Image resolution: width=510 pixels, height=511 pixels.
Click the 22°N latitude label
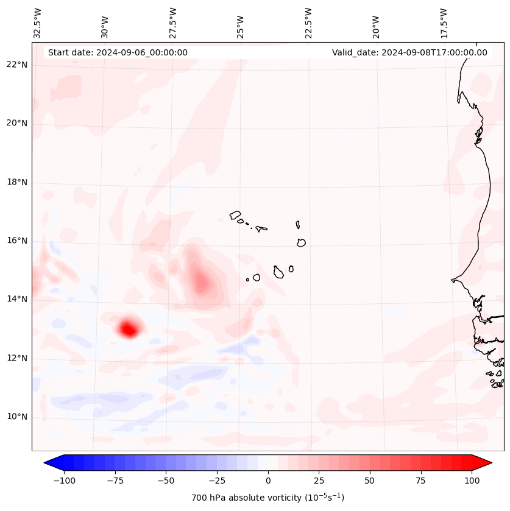(15, 65)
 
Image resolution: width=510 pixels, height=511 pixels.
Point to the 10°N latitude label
(15, 417)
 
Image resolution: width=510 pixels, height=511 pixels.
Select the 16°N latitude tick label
(15, 241)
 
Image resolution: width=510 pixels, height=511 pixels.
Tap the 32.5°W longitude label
(38, 23)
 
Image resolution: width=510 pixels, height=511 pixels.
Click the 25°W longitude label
(241, 23)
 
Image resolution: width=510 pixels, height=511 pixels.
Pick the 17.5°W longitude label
(444, 23)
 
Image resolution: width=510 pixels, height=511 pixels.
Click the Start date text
(118, 52)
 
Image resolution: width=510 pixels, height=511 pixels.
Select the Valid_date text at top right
(409, 52)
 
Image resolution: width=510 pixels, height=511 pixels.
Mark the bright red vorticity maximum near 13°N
(129, 330)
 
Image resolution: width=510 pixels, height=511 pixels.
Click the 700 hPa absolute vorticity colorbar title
(268, 498)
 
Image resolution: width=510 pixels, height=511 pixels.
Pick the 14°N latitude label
(15, 300)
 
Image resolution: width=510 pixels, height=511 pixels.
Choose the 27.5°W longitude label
(173, 23)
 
